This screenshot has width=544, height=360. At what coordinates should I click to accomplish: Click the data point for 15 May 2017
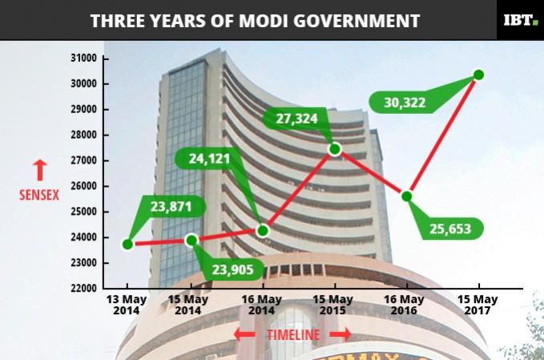[479, 75]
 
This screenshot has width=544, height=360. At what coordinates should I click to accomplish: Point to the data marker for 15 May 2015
[335, 148]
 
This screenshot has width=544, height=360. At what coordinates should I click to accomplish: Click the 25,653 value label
[453, 229]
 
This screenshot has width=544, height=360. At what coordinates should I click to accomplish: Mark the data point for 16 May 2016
[407, 196]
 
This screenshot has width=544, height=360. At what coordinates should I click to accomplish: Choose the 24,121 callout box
[210, 159]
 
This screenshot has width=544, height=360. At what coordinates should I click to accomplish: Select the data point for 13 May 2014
[127, 244]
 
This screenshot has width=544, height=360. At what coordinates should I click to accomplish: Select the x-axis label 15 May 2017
[478, 305]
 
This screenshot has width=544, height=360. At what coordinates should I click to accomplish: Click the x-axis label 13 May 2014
[127, 305]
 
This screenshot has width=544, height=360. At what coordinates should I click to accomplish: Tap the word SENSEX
[40, 194]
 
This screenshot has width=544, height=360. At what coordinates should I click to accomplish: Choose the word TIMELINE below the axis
[292, 334]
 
